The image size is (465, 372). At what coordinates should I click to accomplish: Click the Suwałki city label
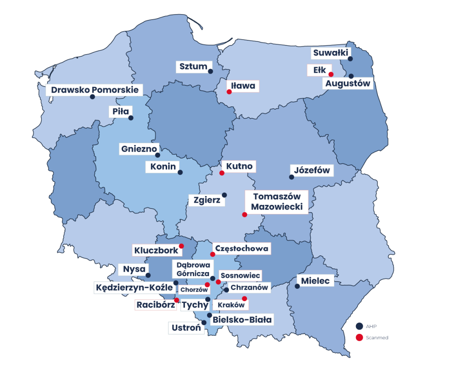pos(330,53)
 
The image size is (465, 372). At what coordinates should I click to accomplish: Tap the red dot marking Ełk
pos(331,74)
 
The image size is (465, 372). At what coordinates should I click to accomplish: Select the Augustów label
pos(347,84)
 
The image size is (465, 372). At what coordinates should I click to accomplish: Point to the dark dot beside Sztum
pos(210,71)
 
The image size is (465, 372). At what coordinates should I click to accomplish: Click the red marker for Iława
pos(229,92)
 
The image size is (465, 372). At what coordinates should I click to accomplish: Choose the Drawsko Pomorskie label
pos(94,90)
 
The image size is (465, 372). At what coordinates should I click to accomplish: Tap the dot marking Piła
pos(131,118)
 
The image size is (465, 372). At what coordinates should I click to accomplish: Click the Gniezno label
pos(139,149)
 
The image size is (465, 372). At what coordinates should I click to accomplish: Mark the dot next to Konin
pos(180,172)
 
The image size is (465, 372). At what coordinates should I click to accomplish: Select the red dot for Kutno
pos(222,173)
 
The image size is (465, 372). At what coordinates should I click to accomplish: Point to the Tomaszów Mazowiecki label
pos(277,201)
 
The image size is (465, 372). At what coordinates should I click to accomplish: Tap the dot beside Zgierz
pos(224,195)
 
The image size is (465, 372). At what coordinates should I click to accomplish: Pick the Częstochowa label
pos(242,249)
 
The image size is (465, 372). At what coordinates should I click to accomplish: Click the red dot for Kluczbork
pos(181,246)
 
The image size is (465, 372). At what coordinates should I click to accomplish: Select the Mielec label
pos(315,281)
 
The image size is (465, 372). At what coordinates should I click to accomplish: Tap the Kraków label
pos(231,305)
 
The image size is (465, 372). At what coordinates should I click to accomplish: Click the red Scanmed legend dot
pos(359,338)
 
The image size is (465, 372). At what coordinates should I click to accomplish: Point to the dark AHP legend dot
pos(359,326)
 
